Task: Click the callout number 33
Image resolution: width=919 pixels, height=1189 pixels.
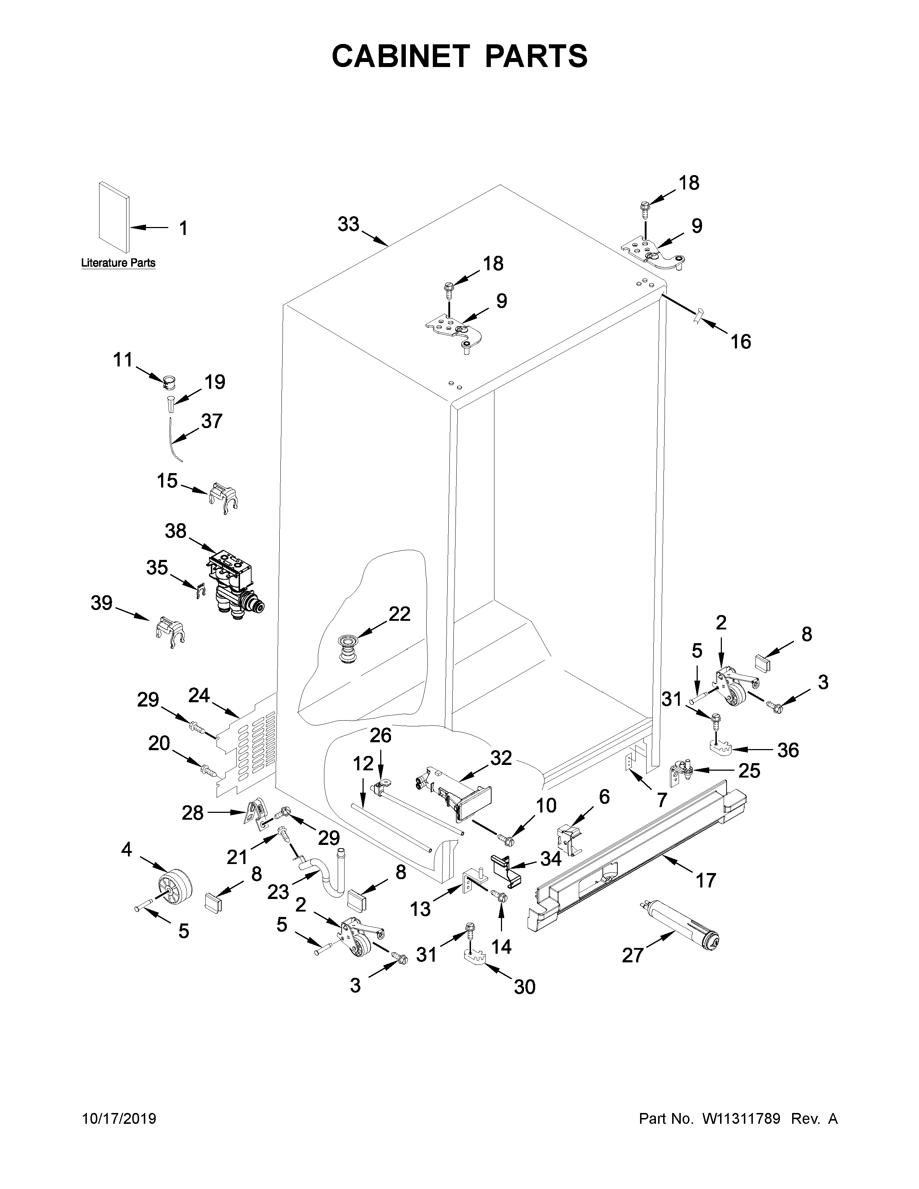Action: (348, 224)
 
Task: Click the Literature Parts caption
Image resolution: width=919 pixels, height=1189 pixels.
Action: (118, 263)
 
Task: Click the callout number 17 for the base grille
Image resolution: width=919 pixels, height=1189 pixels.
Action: (706, 880)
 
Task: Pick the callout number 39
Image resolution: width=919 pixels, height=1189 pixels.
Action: (101, 603)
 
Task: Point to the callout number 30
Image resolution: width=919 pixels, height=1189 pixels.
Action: (524, 987)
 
